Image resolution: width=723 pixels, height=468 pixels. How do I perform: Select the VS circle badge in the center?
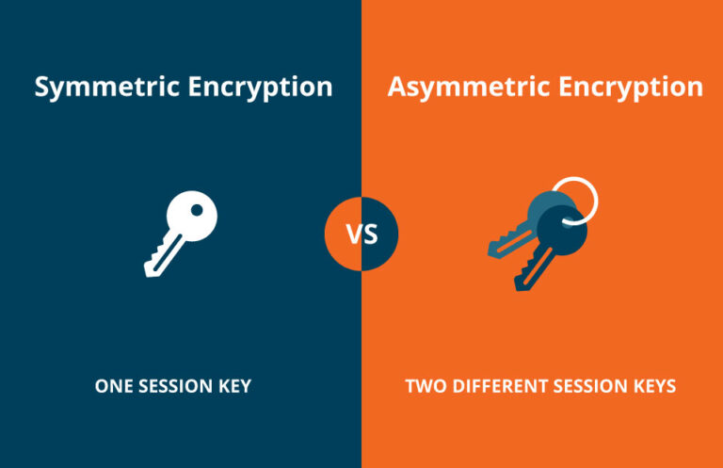click(x=361, y=234)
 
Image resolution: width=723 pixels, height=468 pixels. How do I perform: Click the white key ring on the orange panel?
click(x=575, y=199)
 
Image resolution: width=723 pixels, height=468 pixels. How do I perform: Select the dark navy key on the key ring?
click(x=551, y=245)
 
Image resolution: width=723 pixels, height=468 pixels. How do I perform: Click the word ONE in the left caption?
click(x=111, y=386)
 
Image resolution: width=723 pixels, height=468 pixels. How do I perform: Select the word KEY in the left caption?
click(x=234, y=386)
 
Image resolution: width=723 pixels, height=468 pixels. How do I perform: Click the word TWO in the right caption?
click(x=423, y=386)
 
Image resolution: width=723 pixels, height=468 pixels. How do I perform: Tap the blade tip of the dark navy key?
click(x=518, y=284)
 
